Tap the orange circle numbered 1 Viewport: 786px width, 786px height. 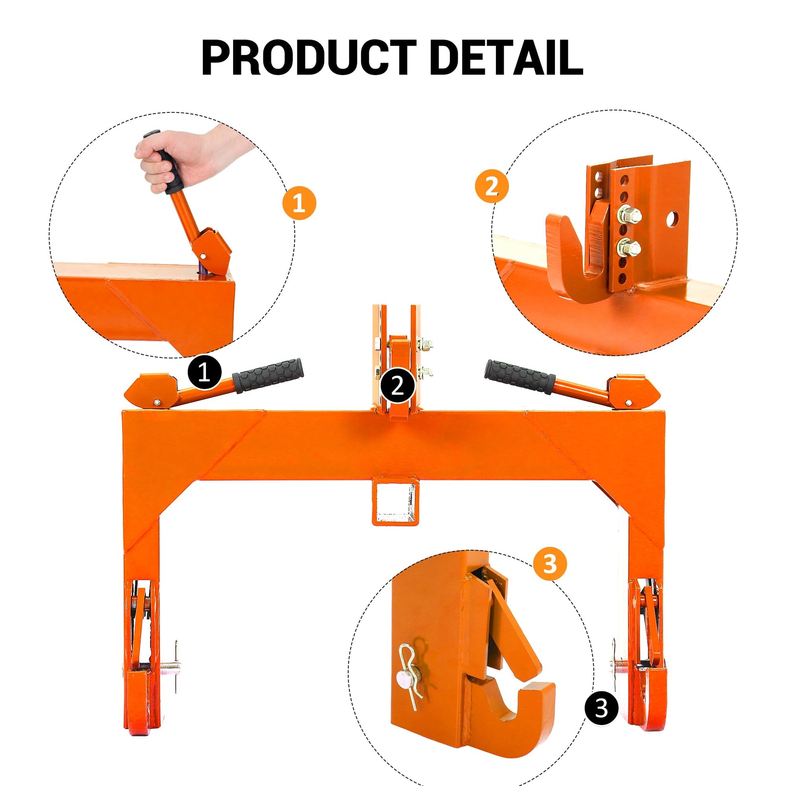[x=299, y=203]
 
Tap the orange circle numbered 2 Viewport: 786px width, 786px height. [x=492, y=187]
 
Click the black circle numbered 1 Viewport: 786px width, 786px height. [x=204, y=373]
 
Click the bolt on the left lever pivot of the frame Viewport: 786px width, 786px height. [x=157, y=403]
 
